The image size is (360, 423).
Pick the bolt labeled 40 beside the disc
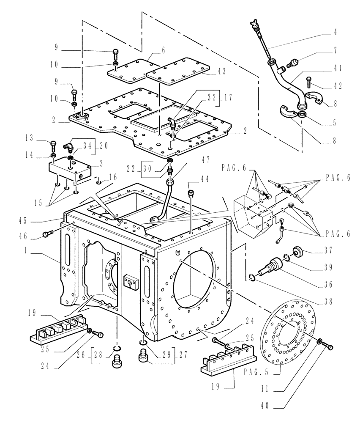coord(327,346)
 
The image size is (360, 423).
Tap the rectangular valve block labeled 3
coord(70,169)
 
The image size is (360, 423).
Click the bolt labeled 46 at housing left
coord(47,233)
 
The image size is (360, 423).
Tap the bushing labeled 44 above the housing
coord(191,194)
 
